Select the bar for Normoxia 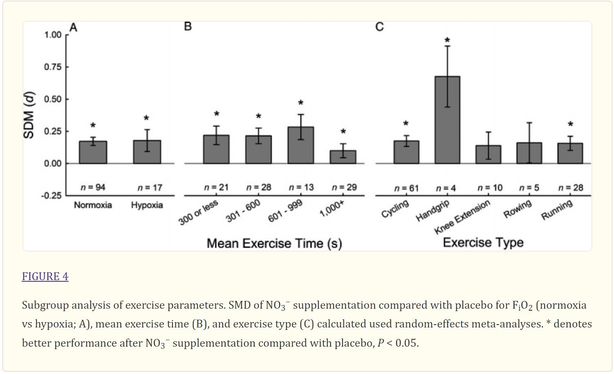click(x=93, y=152)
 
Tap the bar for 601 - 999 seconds click(x=301, y=145)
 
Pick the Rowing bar click(x=529, y=153)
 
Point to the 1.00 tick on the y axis click(x=53, y=35)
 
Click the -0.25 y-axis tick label click(x=51, y=196)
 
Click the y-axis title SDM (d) click(x=29, y=116)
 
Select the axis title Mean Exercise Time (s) click(x=274, y=243)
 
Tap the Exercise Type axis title click(x=483, y=243)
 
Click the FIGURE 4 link click(x=45, y=276)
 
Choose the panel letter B click(x=188, y=27)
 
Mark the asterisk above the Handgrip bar click(x=447, y=40)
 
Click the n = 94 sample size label click(x=93, y=187)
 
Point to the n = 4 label click(x=446, y=188)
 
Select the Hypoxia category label click(x=147, y=205)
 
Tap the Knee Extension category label click(x=462, y=217)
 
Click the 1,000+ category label click(x=332, y=209)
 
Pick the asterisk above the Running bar click(x=570, y=125)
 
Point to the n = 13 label click(x=301, y=187)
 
